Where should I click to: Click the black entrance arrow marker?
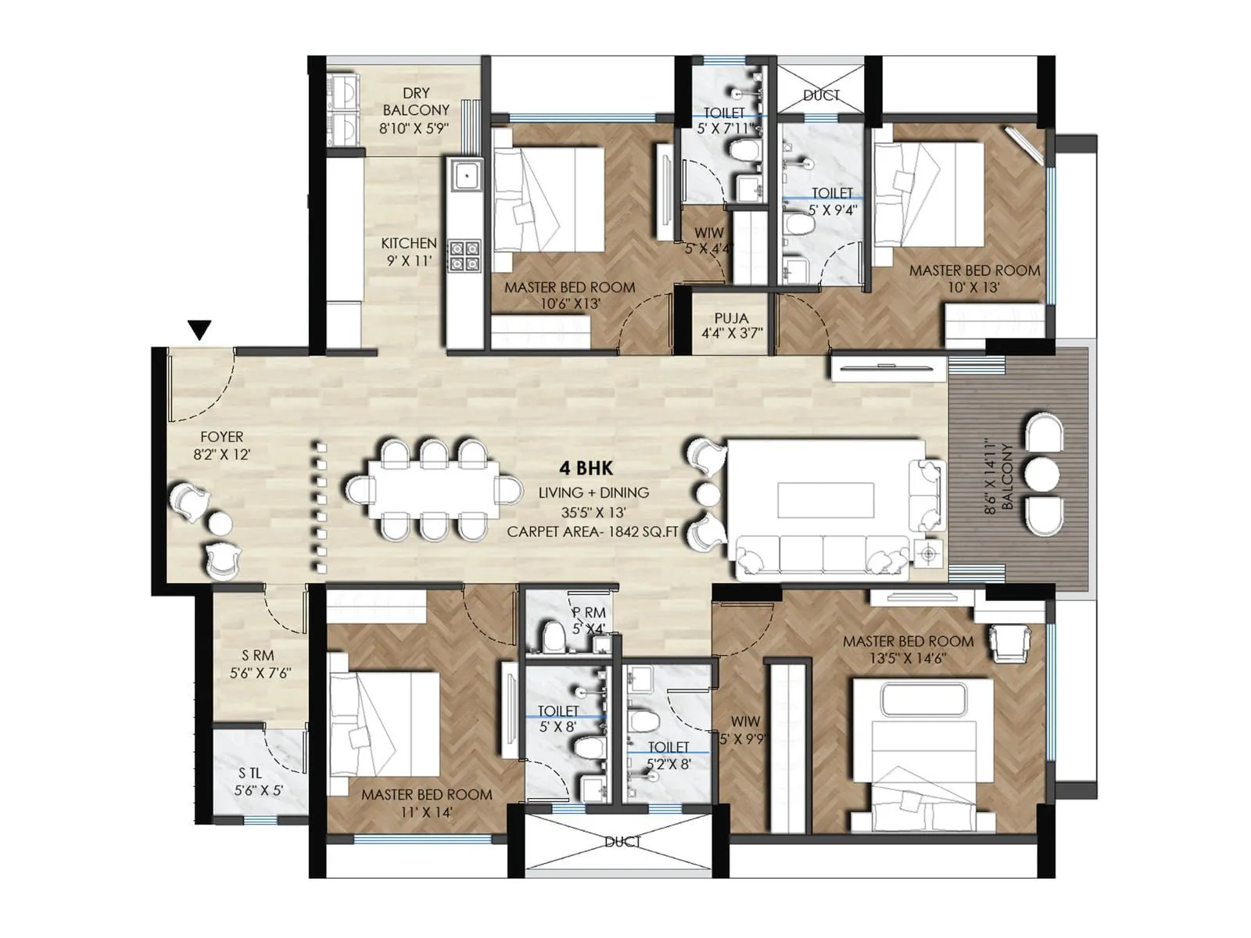coord(200,330)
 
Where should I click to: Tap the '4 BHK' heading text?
coord(586,468)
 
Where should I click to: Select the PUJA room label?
coord(731,326)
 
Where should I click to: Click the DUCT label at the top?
coord(821,95)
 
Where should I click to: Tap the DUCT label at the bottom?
coord(622,842)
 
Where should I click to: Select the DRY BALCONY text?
coord(415,102)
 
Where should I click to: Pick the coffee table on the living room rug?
coord(826,499)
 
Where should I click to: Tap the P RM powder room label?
coord(589,621)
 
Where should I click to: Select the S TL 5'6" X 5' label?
coord(259,782)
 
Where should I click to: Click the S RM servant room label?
coord(260,664)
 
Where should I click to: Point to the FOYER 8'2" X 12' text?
coord(222,445)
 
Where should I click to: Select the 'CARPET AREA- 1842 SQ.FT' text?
coord(592,532)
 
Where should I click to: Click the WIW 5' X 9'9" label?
coord(743,729)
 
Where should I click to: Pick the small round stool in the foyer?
coord(220,523)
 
